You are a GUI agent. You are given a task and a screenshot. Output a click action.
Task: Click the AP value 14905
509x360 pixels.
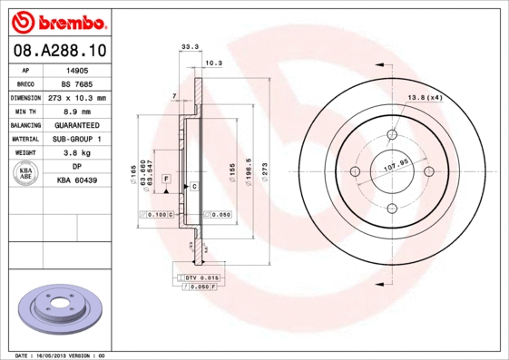76,69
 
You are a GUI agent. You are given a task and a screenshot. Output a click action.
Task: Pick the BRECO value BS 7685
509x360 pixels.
76,83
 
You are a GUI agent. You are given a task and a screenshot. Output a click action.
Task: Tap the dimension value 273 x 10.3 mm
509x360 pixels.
76,97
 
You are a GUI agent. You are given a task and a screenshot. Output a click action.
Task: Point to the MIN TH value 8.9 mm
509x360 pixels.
76,111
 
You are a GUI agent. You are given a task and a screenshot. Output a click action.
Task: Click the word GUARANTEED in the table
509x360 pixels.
76,125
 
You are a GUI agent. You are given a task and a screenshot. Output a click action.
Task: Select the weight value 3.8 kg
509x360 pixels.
76,153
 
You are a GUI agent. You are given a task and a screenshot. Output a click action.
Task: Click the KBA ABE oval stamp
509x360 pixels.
26,174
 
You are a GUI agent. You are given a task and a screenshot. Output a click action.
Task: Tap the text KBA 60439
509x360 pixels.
76,181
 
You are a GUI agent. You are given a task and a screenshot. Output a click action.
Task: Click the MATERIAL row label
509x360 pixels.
24,139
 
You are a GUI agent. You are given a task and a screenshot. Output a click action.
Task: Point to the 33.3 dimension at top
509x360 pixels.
190,45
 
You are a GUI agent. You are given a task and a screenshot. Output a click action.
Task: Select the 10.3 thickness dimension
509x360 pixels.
213,63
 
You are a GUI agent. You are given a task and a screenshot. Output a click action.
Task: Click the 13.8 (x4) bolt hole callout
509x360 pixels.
424,97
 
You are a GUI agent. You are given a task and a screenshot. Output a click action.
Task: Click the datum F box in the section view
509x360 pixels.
167,180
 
